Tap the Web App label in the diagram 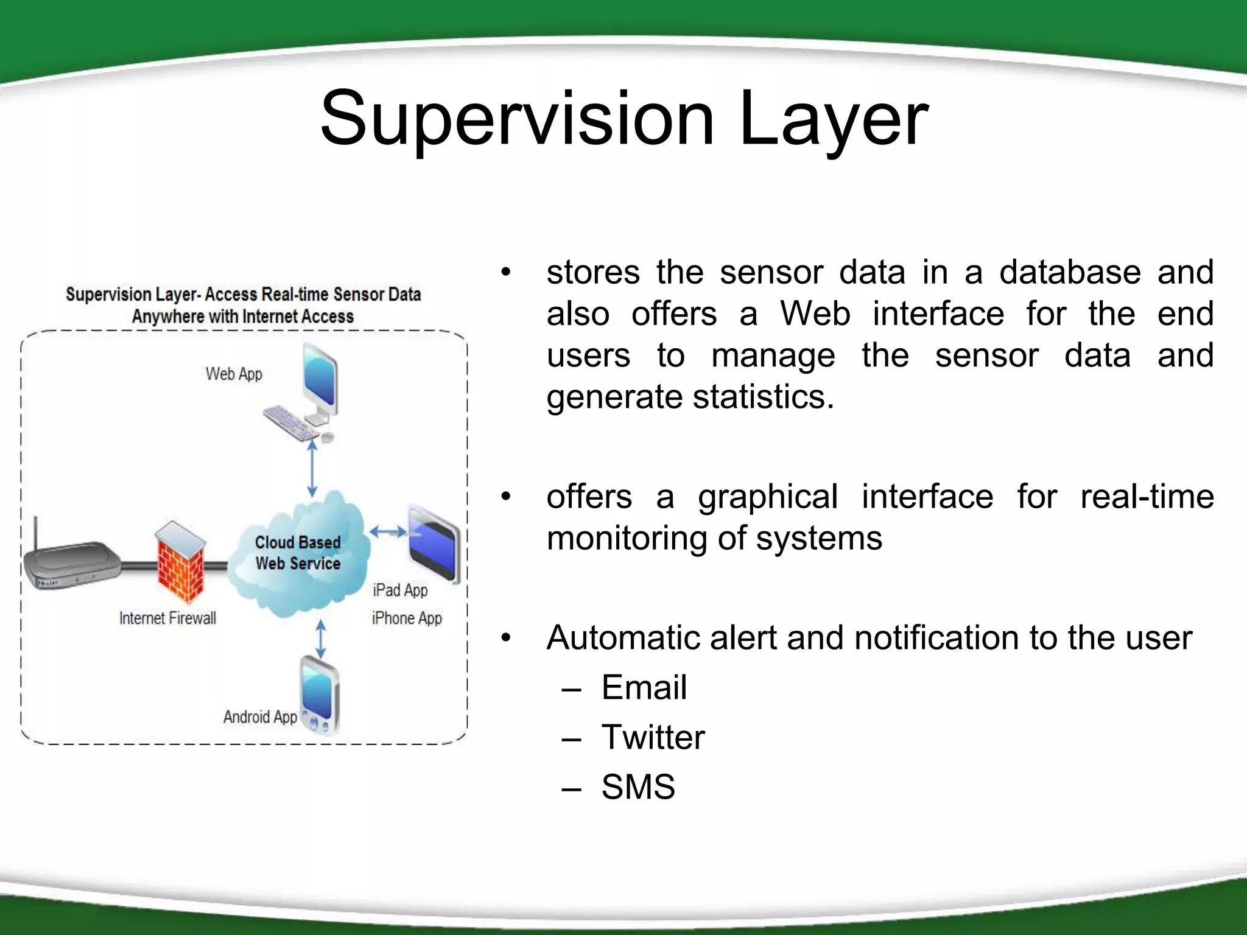(234, 374)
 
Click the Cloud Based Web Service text (298, 553)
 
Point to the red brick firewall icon (180, 563)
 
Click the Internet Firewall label (167, 618)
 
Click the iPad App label (400, 590)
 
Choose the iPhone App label (407, 618)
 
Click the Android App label (260, 717)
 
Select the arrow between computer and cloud (312, 469)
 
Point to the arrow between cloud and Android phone (321, 639)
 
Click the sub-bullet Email (644, 688)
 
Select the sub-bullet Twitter (653, 738)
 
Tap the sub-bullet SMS (638, 787)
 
